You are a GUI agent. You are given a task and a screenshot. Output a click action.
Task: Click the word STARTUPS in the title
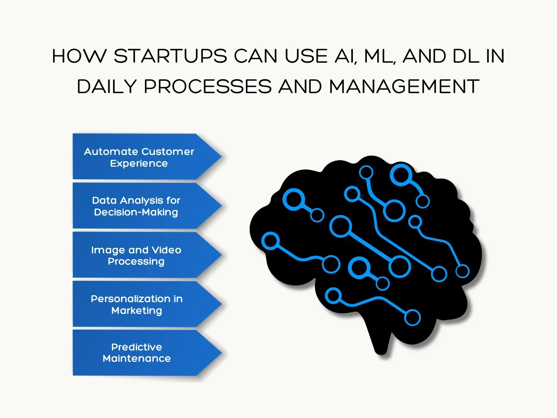pyautogui.click(x=170, y=57)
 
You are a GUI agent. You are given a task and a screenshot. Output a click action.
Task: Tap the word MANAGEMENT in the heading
pyautogui.click(x=404, y=87)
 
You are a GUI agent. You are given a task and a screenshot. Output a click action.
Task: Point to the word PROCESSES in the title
pyautogui.click(x=208, y=87)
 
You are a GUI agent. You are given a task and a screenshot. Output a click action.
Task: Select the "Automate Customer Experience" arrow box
pyautogui.click(x=139, y=157)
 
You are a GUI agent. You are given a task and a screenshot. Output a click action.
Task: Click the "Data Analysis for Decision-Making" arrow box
pyautogui.click(x=139, y=206)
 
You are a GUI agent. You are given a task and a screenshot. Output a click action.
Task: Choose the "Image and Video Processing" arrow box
pyautogui.click(x=139, y=256)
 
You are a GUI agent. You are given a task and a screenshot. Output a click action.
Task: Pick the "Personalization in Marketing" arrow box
pyautogui.click(x=139, y=304)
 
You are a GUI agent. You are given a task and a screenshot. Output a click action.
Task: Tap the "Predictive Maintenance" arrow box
pyautogui.click(x=139, y=353)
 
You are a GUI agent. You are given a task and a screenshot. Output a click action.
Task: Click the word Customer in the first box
pyautogui.click(x=168, y=152)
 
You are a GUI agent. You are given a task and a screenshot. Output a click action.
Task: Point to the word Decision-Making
pyautogui.click(x=136, y=212)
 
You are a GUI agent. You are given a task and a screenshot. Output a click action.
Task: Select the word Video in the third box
pyautogui.click(x=166, y=250)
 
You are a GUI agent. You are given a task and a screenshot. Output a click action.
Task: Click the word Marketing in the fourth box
pyautogui.click(x=137, y=310)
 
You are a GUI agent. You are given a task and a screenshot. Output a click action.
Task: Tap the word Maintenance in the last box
pyautogui.click(x=137, y=358)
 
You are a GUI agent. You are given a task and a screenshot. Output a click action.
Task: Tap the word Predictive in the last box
pyautogui.click(x=137, y=347)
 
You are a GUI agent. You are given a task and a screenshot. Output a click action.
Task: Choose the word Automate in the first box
pyautogui.click(x=111, y=152)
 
